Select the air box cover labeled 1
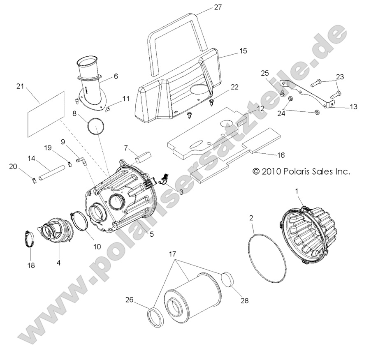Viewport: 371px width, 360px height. tap(307, 238)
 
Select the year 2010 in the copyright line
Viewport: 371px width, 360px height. tap(272, 171)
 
